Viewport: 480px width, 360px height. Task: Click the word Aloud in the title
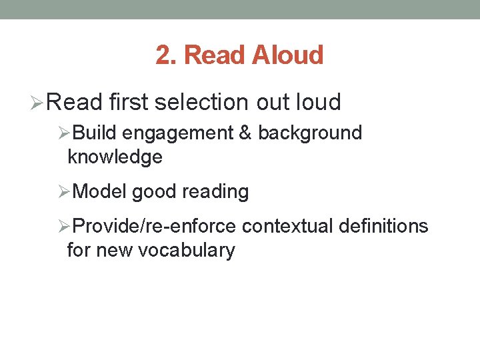point(288,55)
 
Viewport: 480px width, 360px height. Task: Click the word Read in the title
point(215,55)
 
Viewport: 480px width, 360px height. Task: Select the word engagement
point(178,133)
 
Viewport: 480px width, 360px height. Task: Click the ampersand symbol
point(245,133)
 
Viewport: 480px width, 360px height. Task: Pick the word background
point(310,133)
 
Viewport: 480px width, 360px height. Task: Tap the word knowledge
point(115,157)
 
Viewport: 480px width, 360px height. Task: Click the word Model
point(100,192)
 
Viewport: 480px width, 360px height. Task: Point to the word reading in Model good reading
point(215,193)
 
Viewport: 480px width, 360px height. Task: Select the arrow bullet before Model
point(64,193)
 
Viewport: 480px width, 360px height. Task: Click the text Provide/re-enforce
point(154,227)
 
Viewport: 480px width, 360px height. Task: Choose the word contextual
point(287,227)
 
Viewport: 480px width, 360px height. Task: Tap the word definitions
point(383,227)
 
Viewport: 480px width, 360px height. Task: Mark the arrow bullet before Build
point(64,133)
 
